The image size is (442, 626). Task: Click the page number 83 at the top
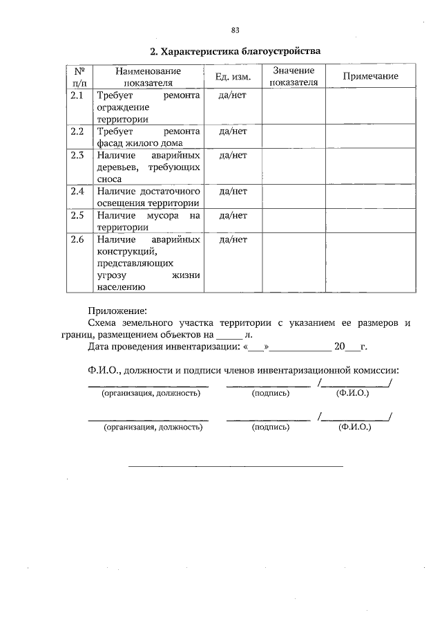(235, 30)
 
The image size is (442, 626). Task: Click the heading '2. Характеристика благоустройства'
(236, 52)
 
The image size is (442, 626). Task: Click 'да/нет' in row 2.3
(233, 156)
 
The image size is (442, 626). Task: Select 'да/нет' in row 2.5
(233, 215)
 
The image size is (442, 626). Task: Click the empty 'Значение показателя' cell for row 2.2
(294, 136)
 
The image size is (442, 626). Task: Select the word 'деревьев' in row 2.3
(117, 167)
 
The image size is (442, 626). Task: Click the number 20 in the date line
(339, 347)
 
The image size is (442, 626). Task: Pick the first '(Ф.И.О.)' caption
(352, 393)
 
